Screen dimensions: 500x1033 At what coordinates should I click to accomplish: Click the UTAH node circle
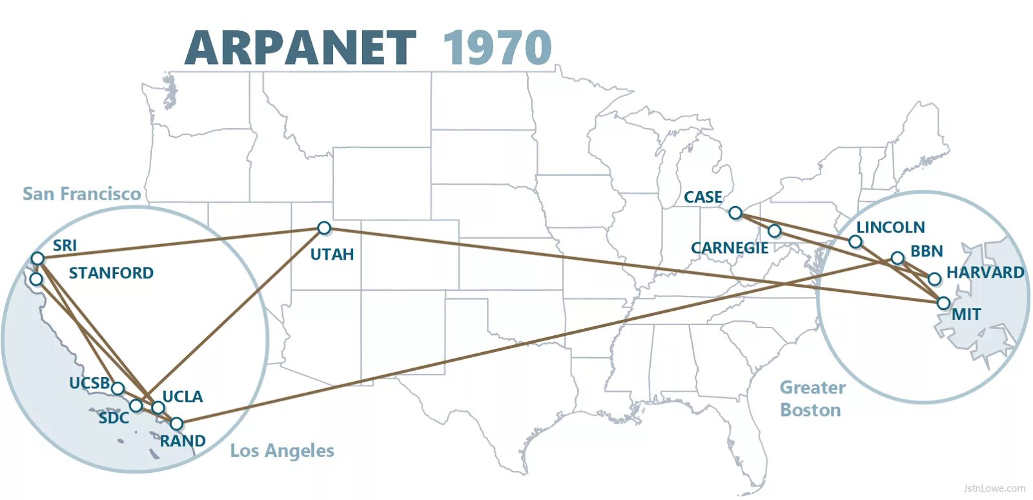pyautogui.click(x=324, y=227)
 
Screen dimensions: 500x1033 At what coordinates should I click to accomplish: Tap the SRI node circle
pyautogui.click(x=37, y=258)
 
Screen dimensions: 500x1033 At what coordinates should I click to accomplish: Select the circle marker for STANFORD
pyautogui.click(x=36, y=279)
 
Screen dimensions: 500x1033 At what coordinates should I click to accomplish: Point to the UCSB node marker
pyautogui.click(x=118, y=388)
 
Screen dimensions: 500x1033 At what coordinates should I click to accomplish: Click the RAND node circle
pyautogui.click(x=176, y=424)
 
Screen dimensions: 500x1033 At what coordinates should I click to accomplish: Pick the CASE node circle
pyautogui.click(x=735, y=213)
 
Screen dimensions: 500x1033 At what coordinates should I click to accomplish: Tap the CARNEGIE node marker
pyautogui.click(x=775, y=231)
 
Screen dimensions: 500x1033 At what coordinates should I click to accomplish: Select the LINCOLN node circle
pyautogui.click(x=855, y=242)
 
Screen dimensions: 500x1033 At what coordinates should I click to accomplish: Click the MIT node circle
pyautogui.click(x=944, y=303)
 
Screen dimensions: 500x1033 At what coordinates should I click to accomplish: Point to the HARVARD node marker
pyautogui.click(x=934, y=279)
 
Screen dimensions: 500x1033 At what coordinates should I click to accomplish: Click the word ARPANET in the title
pyautogui.click(x=300, y=48)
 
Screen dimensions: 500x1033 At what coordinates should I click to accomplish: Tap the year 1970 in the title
pyautogui.click(x=497, y=48)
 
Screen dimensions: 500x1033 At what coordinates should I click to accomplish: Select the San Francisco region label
pyautogui.click(x=81, y=194)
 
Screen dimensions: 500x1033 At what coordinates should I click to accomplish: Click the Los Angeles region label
pyautogui.click(x=282, y=450)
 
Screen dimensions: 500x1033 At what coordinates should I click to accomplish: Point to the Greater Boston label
pyautogui.click(x=812, y=399)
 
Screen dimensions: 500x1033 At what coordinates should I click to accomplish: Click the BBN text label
pyautogui.click(x=926, y=251)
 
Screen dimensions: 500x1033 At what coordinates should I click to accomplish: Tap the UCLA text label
pyautogui.click(x=182, y=397)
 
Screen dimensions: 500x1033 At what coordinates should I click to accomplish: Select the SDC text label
pyautogui.click(x=114, y=418)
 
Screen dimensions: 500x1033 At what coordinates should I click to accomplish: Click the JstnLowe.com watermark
pyautogui.click(x=994, y=488)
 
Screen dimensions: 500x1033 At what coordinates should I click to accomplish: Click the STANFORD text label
pyautogui.click(x=111, y=273)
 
